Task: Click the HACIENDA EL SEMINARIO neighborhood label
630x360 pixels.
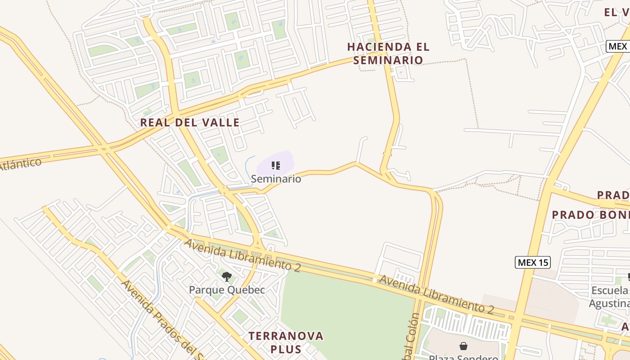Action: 388,53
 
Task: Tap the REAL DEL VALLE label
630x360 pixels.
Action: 189,122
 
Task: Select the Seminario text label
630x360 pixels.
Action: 276,179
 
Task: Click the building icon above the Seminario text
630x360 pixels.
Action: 276,166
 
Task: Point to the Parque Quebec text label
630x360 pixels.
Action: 227,290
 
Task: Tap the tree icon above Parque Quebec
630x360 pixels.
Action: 227,276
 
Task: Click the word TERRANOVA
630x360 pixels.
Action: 286,336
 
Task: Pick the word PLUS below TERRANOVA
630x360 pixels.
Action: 286,349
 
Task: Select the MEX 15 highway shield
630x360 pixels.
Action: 532,262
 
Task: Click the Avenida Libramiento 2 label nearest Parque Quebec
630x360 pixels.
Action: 242,255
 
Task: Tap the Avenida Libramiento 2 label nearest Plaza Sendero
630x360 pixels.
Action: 436,294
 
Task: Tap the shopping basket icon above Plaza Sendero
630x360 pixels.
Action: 463,346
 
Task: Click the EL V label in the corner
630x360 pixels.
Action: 616,13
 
